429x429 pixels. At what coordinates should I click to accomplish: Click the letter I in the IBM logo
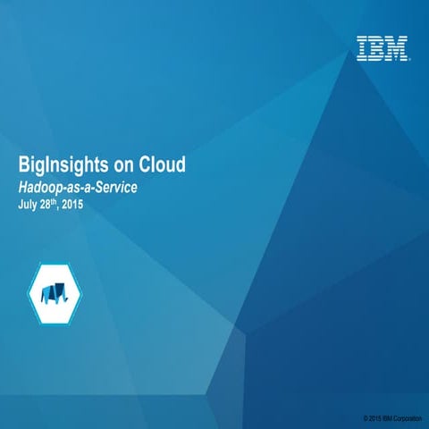362,48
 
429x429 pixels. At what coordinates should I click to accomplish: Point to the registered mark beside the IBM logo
410,59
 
